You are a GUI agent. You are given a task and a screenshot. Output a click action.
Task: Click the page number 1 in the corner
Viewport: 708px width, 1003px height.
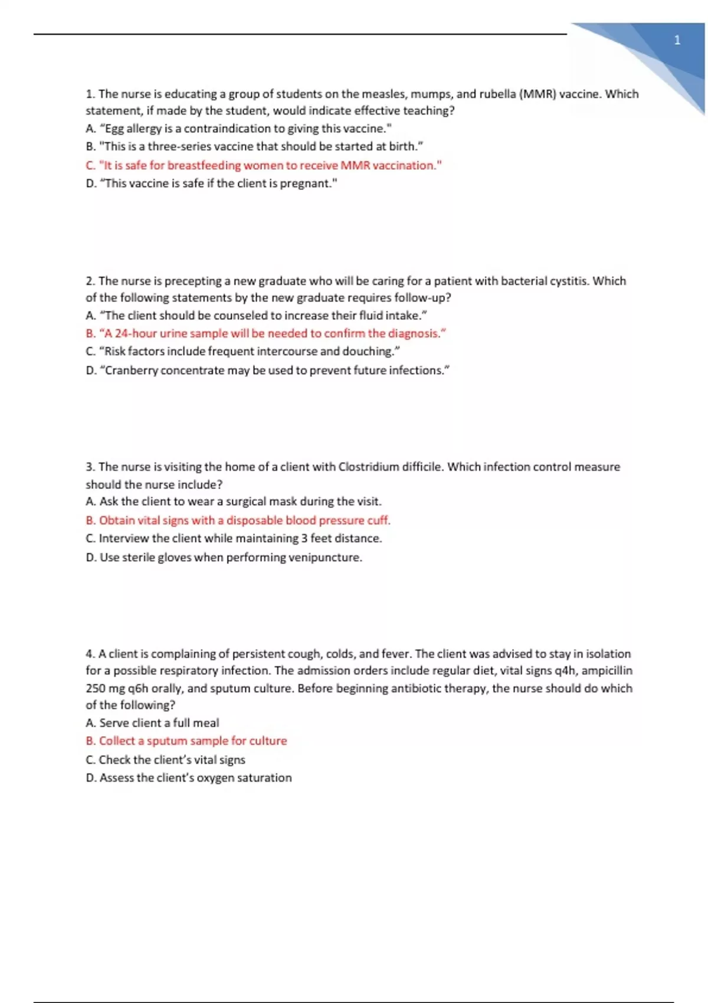pyautogui.click(x=677, y=40)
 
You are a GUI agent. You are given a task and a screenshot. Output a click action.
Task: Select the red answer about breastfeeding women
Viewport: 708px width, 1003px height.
pyautogui.click(x=264, y=165)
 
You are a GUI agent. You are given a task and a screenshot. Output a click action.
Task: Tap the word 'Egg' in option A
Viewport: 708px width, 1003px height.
pyautogui.click(x=114, y=129)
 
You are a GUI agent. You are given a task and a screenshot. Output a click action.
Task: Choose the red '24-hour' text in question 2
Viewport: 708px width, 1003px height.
pyautogui.click(x=136, y=333)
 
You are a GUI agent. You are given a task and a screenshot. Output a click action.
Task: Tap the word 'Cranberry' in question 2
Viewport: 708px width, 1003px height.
pyautogui.click(x=131, y=371)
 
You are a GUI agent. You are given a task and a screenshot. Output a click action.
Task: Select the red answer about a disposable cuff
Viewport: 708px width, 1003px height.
pyautogui.click(x=238, y=520)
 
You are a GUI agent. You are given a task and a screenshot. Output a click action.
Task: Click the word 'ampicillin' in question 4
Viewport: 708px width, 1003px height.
pyautogui.click(x=607, y=671)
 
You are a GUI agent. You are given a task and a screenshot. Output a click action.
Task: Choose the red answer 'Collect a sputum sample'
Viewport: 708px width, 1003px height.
pyautogui.click(x=186, y=741)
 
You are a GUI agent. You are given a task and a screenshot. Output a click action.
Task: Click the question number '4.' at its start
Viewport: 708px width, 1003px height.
pyautogui.click(x=90, y=654)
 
